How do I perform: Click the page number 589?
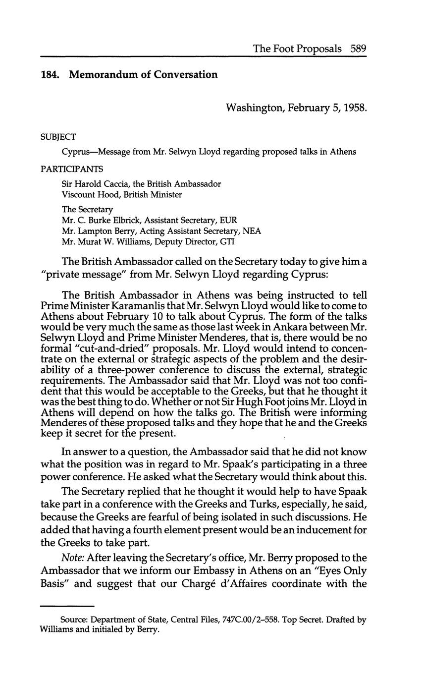358,49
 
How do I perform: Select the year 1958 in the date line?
354,108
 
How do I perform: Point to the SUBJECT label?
58,137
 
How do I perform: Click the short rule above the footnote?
67,606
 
